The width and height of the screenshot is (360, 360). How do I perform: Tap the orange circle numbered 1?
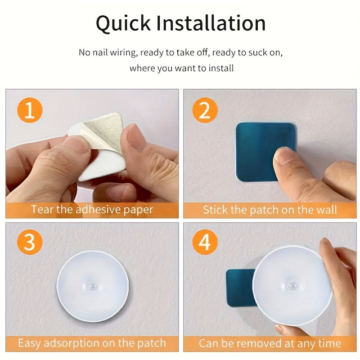tap(29, 111)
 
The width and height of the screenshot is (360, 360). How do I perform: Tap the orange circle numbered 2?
tap(205, 111)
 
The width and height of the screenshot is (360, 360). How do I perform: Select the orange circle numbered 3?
tap(29, 243)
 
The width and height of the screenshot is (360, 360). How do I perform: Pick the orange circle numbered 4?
tap(205, 243)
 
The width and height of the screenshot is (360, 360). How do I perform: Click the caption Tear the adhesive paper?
tap(92, 210)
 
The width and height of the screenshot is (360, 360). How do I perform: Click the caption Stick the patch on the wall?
tap(269, 210)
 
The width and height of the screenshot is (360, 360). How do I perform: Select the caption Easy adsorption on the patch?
tap(92, 343)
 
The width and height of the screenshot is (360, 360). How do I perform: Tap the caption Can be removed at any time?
tap(269, 343)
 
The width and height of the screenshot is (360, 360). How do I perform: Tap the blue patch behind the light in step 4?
tap(238, 288)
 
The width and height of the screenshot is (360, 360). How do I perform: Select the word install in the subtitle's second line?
tap(220, 69)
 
